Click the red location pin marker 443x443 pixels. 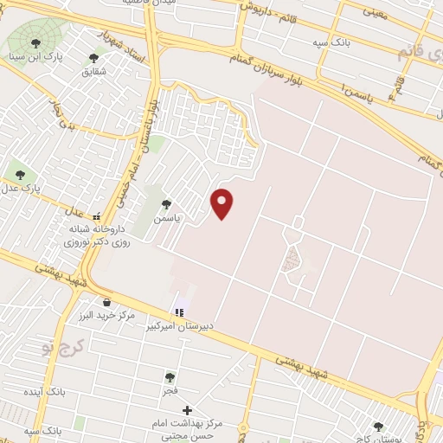point(223,203)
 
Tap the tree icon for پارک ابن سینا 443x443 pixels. point(35,42)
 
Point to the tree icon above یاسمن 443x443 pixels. point(166,204)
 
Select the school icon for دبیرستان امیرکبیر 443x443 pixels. point(179,312)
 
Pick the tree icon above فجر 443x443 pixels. point(170,377)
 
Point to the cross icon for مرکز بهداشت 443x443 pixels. point(187,409)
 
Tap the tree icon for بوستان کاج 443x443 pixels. point(378,426)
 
